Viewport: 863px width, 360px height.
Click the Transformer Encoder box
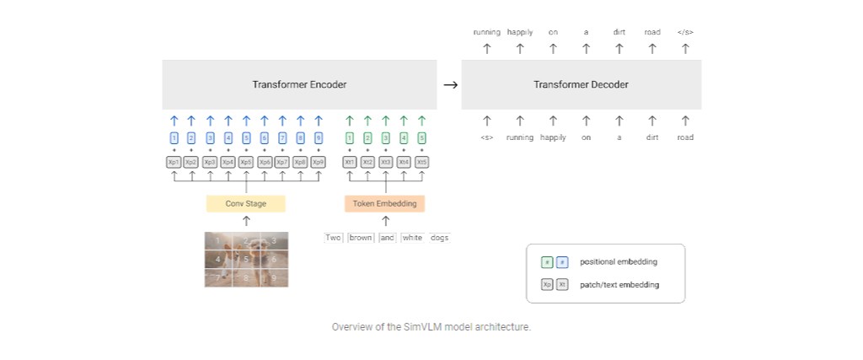299,84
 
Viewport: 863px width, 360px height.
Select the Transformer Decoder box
581,84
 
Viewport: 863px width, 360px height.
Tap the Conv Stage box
246,204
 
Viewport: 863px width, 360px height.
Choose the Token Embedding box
385,204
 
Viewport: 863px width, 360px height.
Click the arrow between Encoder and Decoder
450,85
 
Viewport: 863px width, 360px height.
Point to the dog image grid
246,260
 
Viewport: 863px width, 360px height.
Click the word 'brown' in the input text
361,238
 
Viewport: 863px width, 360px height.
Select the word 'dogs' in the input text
440,238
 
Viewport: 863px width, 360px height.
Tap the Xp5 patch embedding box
246,162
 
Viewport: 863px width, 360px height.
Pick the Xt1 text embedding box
350,162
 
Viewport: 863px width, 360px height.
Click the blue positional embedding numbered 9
318,138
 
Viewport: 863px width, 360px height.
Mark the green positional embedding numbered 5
421,138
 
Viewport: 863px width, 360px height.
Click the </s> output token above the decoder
685,32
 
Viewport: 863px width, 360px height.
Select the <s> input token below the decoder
486,137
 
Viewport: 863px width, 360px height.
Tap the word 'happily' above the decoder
520,32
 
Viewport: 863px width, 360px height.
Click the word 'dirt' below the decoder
652,137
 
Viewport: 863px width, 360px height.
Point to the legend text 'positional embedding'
619,262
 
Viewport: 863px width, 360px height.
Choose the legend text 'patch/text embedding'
619,285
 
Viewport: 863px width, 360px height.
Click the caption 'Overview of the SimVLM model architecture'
431,326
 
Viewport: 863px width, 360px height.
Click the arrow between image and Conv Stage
246,221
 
